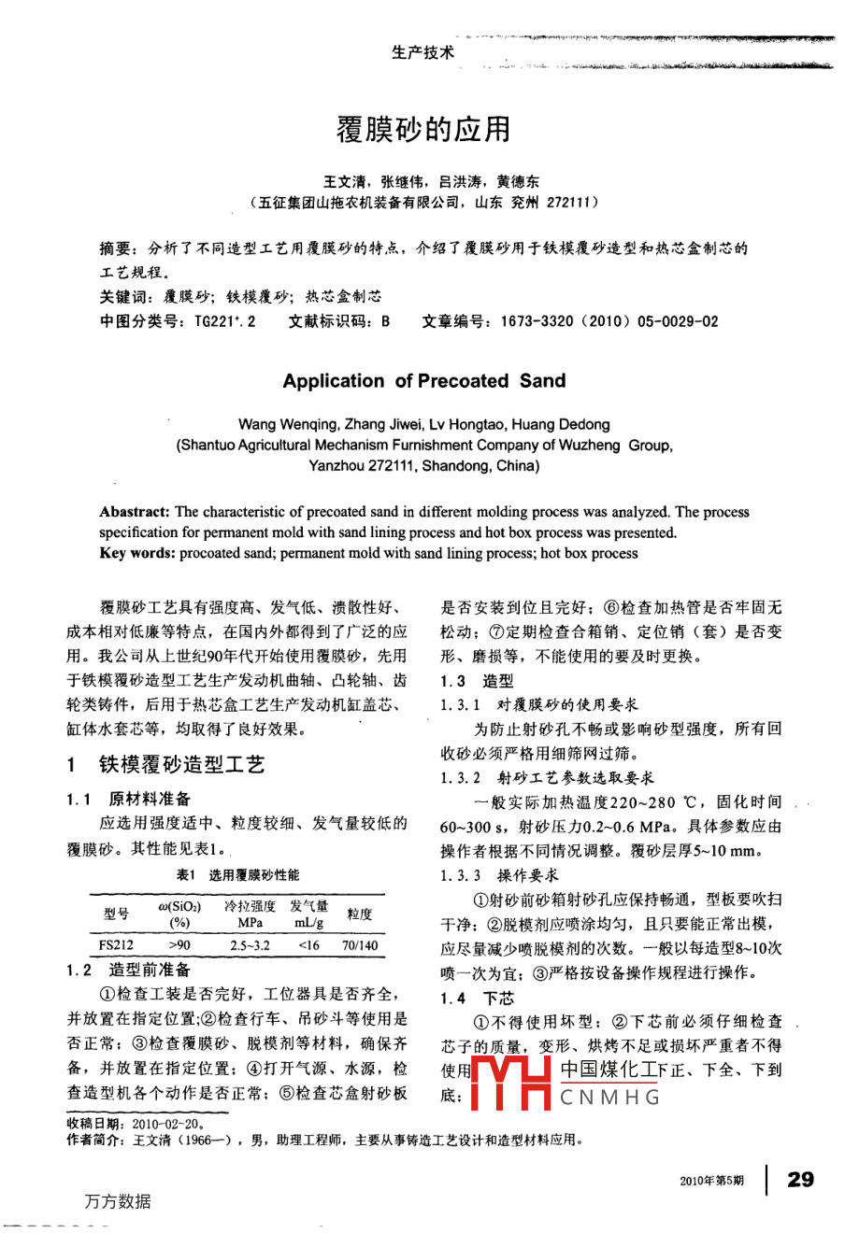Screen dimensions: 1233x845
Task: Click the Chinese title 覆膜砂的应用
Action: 423,128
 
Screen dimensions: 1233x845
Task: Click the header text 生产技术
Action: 422,52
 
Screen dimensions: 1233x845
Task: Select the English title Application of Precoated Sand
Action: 423,380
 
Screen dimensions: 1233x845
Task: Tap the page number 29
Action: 800,1179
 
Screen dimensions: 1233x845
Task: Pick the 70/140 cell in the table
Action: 359,945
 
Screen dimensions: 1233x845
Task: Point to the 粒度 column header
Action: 359,914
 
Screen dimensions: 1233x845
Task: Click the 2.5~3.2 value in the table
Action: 250,945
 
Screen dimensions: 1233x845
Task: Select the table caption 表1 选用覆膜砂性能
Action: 237,875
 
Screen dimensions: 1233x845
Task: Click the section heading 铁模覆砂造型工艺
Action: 181,765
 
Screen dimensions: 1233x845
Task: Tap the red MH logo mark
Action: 510,1082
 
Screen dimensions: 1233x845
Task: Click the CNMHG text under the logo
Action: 610,1097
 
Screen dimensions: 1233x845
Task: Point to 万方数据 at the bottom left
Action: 117,1201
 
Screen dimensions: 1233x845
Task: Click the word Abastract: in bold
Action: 135,512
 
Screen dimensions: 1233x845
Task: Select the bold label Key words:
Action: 137,553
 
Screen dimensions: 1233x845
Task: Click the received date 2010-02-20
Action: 167,1124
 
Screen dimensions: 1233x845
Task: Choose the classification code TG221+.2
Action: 224,321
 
